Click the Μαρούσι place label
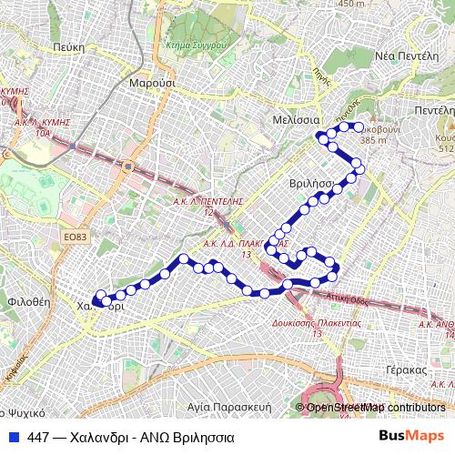[x=152, y=82]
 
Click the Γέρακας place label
[x=406, y=370]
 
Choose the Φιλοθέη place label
[x=27, y=299]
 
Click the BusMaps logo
[x=411, y=437]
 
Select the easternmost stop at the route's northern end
[x=359, y=128]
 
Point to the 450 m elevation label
[x=351, y=4]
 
